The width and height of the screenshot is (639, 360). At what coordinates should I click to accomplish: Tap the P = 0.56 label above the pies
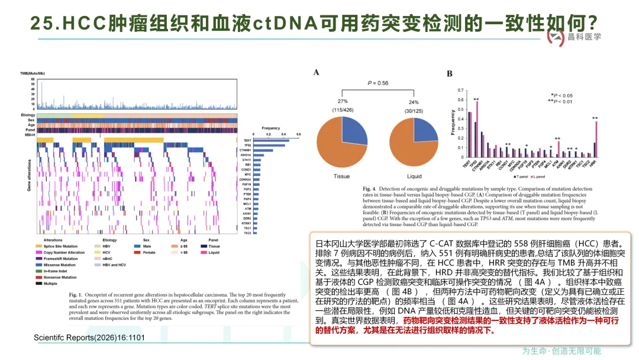click(x=378, y=83)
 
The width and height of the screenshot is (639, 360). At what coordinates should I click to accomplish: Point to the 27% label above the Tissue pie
click(x=343, y=101)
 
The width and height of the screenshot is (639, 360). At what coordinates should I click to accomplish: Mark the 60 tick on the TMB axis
click(x=33, y=79)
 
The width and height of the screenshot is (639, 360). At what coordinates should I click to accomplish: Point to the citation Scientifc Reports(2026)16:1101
click(x=89, y=337)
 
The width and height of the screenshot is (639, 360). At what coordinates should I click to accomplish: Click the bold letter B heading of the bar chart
click(x=450, y=73)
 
